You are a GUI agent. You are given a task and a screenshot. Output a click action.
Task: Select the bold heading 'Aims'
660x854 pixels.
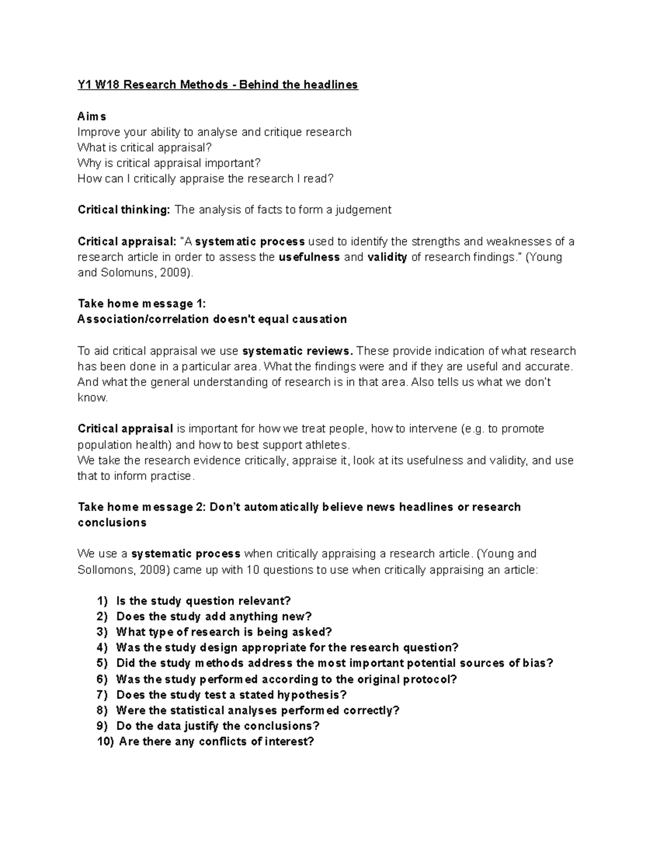pyautogui.click(x=92, y=117)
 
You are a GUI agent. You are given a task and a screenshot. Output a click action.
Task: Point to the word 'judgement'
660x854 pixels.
pyautogui.click(x=365, y=210)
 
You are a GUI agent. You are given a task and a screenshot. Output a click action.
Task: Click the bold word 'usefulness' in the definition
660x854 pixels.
pyautogui.click(x=309, y=257)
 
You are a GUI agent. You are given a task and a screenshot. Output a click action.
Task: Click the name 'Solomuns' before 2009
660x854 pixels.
pyautogui.click(x=123, y=273)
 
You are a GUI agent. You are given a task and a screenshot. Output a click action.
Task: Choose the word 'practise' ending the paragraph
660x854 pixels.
pyautogui.click(x=172, y=476)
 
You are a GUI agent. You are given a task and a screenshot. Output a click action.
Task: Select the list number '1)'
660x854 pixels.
pyautogui.click(x=102, y=601)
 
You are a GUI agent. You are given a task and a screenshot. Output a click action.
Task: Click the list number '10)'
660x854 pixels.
pyautogui.click(x=105, y=742)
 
